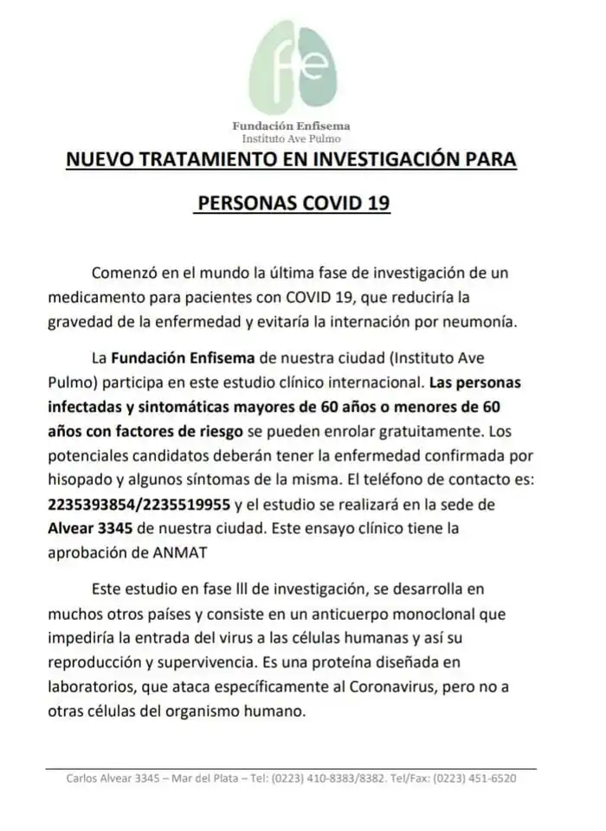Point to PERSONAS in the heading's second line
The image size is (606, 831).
click(x=246, y=205)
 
